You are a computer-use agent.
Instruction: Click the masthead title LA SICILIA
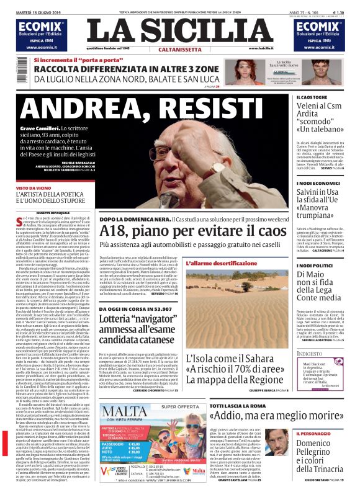179,32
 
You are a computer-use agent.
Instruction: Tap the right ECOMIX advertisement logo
319,25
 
